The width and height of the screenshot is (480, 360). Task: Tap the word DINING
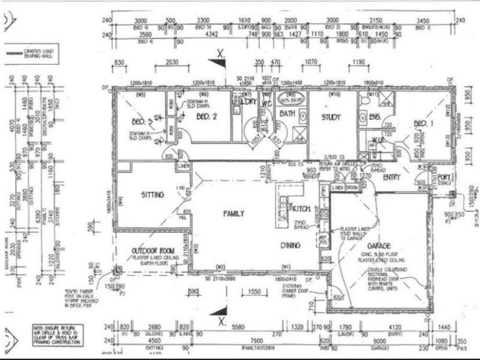click(290, 245)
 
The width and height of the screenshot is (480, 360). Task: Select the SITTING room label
click(152, 195)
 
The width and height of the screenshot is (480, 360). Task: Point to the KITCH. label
click(299, 208)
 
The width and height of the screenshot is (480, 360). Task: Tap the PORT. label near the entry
click(444, 177)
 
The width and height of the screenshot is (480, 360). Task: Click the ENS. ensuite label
click(375, 116)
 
